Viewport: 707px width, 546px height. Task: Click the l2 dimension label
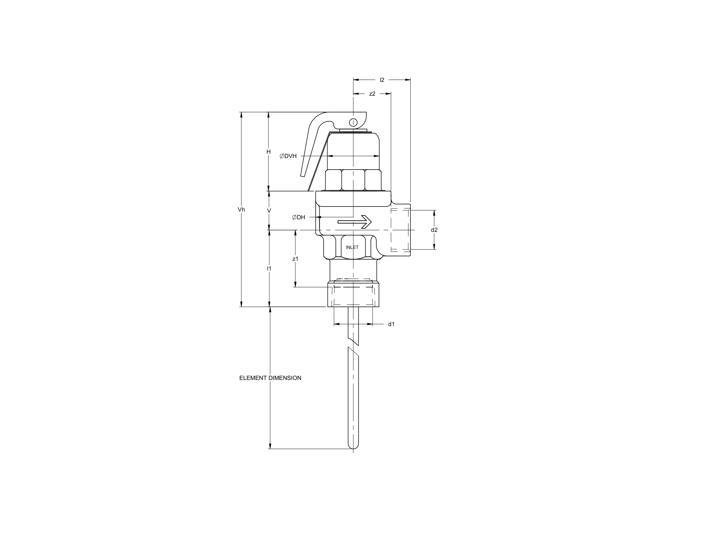click(382, 80)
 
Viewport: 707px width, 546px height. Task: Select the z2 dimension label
click(372, 94)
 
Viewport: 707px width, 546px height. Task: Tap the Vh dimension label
click(241, 210)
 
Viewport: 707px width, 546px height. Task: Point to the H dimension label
click(268, 152)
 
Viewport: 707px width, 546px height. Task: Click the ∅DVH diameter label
click(288, 156)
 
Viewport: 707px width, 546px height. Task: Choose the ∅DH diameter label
click(299, 217)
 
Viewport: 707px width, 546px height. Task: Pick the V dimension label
click(269, 211)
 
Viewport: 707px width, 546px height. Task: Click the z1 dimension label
click(295, 259)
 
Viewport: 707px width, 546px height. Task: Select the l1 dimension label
click(269, 269)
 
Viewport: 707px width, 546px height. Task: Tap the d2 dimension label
click(434, 230)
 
